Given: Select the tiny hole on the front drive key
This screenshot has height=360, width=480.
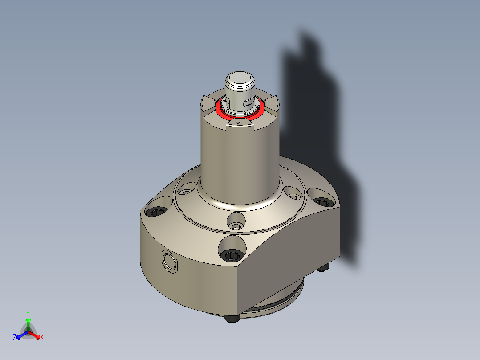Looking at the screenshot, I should [238, 122].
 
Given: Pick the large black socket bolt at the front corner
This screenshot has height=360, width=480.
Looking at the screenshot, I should [232, 255].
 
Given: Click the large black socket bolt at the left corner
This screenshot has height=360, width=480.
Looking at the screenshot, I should [156, 212].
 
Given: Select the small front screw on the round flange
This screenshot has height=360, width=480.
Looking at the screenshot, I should [236, 227].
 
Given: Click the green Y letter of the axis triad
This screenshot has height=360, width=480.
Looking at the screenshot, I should [28, 313].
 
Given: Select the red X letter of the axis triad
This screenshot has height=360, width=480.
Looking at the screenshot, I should [42, 338].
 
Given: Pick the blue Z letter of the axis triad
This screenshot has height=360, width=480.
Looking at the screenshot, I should [15, 338].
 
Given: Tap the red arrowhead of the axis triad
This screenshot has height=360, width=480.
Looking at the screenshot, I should [37, 335].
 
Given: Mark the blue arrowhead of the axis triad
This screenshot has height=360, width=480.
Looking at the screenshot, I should [19, 336].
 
